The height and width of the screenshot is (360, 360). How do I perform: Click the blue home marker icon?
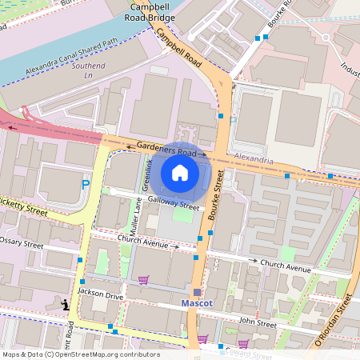click(180, 173)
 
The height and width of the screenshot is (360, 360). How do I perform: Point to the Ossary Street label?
click(31, 242)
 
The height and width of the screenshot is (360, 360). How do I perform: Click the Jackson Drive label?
click(100, 296)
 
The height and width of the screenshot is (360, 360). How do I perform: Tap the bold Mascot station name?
click(195, 305)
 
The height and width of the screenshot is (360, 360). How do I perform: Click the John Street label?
click(257, 322)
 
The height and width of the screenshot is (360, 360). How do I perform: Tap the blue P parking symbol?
click(86, 186)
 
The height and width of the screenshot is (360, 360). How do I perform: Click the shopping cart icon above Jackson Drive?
click(143, 280)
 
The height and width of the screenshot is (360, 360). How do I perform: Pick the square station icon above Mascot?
click(197, 291)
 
